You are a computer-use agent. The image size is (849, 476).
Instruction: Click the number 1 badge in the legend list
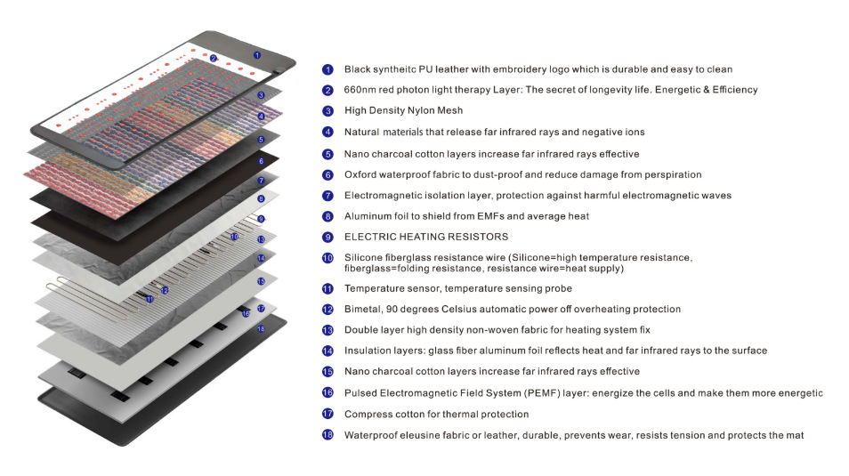click(x=327, y=69)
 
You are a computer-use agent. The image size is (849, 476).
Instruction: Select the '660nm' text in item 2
click(x=360, y=90)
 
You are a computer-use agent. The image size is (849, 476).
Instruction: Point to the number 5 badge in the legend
click(x=327, y=154)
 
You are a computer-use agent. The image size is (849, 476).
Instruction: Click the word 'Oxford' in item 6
click(x=361, y=175)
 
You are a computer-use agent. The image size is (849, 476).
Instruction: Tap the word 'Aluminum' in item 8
click(x=368, y=216)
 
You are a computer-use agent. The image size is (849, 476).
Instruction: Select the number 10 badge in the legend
click(x=327, y=258)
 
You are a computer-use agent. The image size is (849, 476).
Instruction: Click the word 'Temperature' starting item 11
click(x=376, y=289)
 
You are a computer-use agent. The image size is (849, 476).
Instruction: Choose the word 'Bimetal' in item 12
click(x=363, y=310)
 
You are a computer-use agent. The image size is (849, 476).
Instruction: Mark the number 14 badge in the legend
click(x=327, y=351)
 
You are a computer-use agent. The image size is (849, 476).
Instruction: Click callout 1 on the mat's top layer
click(x=257, y=55)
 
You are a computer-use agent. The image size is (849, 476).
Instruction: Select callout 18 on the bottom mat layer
click(x=262, y=329)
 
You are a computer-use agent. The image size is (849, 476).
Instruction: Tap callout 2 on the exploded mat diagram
click(x=214, y=59)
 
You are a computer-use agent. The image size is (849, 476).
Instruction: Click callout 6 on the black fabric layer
click(x=261, y=161)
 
